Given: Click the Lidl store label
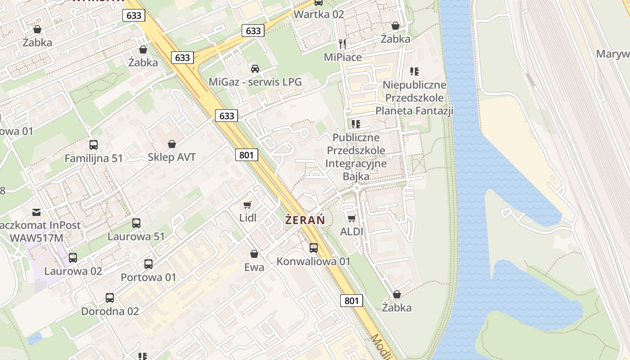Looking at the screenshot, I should [x=248, y=218].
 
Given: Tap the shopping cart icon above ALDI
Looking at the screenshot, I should [x=351, y=218].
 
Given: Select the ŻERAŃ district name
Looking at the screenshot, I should [x=305, y=220].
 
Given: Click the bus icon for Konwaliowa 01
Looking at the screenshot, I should [x=314, y=247].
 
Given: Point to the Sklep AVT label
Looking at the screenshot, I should [x=172, y=157].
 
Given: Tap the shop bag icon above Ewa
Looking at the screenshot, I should [x=254, y=254].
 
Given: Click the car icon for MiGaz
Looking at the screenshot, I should [x=255, y=68].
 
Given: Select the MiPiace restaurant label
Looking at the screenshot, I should [x=343, y=57].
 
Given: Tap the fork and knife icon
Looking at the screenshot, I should [x=343, y=44].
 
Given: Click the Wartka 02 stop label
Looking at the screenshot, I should [x=319, y=14].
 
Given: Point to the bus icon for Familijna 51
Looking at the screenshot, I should [x=94, y=145].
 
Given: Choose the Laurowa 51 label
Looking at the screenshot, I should [x=136, y=236].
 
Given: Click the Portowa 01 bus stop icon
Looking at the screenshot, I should [x=148, y=264].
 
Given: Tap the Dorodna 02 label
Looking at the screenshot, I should [x=110, y=311].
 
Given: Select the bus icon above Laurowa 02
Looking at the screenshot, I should [x=73, y=258].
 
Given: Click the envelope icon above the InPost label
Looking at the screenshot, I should [x=36, y=211].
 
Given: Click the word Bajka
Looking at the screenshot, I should [x=356, y=176].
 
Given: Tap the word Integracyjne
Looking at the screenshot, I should [x=356, y=163].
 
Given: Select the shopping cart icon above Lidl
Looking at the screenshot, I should [x=247, y=205].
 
